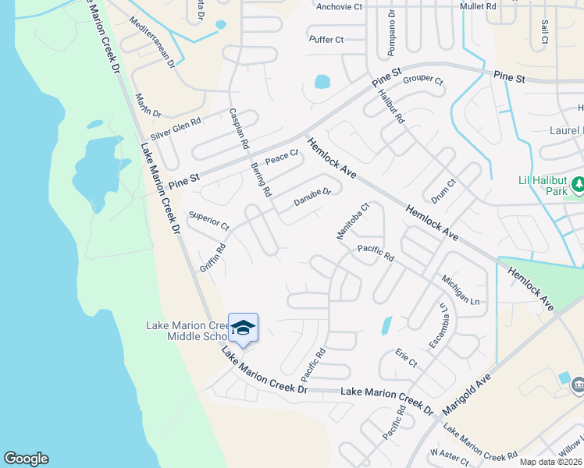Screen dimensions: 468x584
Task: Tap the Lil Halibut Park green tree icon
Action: coord(578,185)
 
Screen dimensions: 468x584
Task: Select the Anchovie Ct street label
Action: coord(340,6)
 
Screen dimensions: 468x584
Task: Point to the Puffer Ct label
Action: coord(326,39)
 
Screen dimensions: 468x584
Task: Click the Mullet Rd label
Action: coord(479,5)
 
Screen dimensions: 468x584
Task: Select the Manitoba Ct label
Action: coord(352,222)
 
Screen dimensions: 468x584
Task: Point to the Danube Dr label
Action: coord(312,198)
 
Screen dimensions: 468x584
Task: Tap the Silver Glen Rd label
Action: coord(176,128)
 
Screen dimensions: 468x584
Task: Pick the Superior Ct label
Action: coord(208,222)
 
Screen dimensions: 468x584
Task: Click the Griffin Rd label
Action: coord(212,257)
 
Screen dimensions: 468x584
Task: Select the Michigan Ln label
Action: coord(460,289)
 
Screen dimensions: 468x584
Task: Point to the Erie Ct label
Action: coord(406,358)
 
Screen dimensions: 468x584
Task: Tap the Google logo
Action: coord(26,459)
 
